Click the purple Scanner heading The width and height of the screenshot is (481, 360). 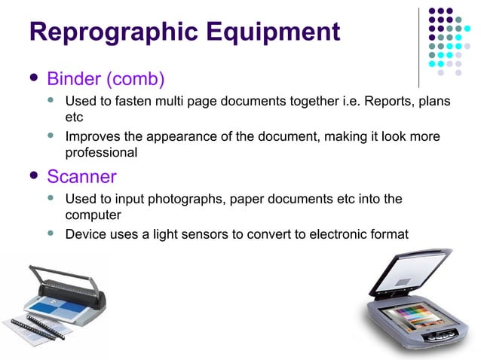point(81,177)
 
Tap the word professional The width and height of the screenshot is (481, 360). point(101,153)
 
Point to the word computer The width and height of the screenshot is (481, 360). point(92,215)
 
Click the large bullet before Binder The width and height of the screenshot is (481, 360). point(33,78)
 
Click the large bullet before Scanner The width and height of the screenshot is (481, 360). point(33,177)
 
